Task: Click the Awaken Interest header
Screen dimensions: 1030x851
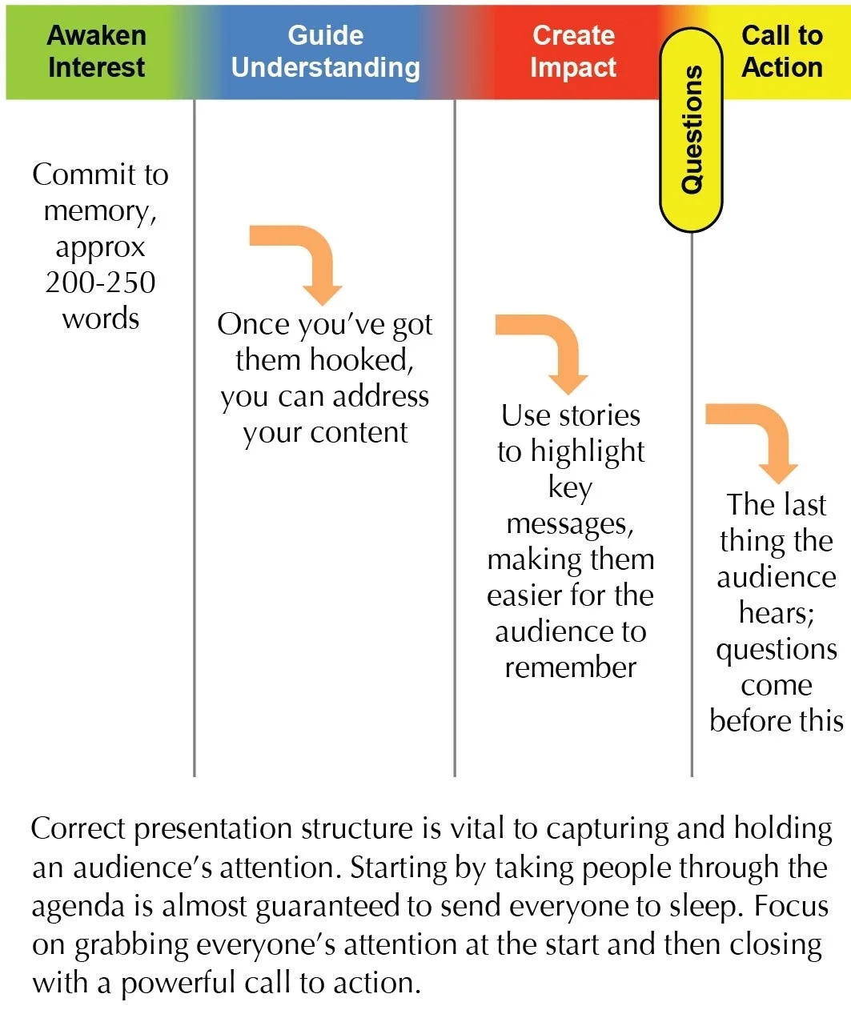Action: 97,51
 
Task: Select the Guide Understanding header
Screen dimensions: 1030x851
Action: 325,51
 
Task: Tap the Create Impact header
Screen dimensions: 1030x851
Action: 573,51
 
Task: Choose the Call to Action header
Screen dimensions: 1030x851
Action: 782,51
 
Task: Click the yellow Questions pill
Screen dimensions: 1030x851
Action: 691,130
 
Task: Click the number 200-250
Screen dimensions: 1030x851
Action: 100,283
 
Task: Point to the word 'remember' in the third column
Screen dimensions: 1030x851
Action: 570,667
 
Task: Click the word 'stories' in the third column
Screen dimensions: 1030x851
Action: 600,415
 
